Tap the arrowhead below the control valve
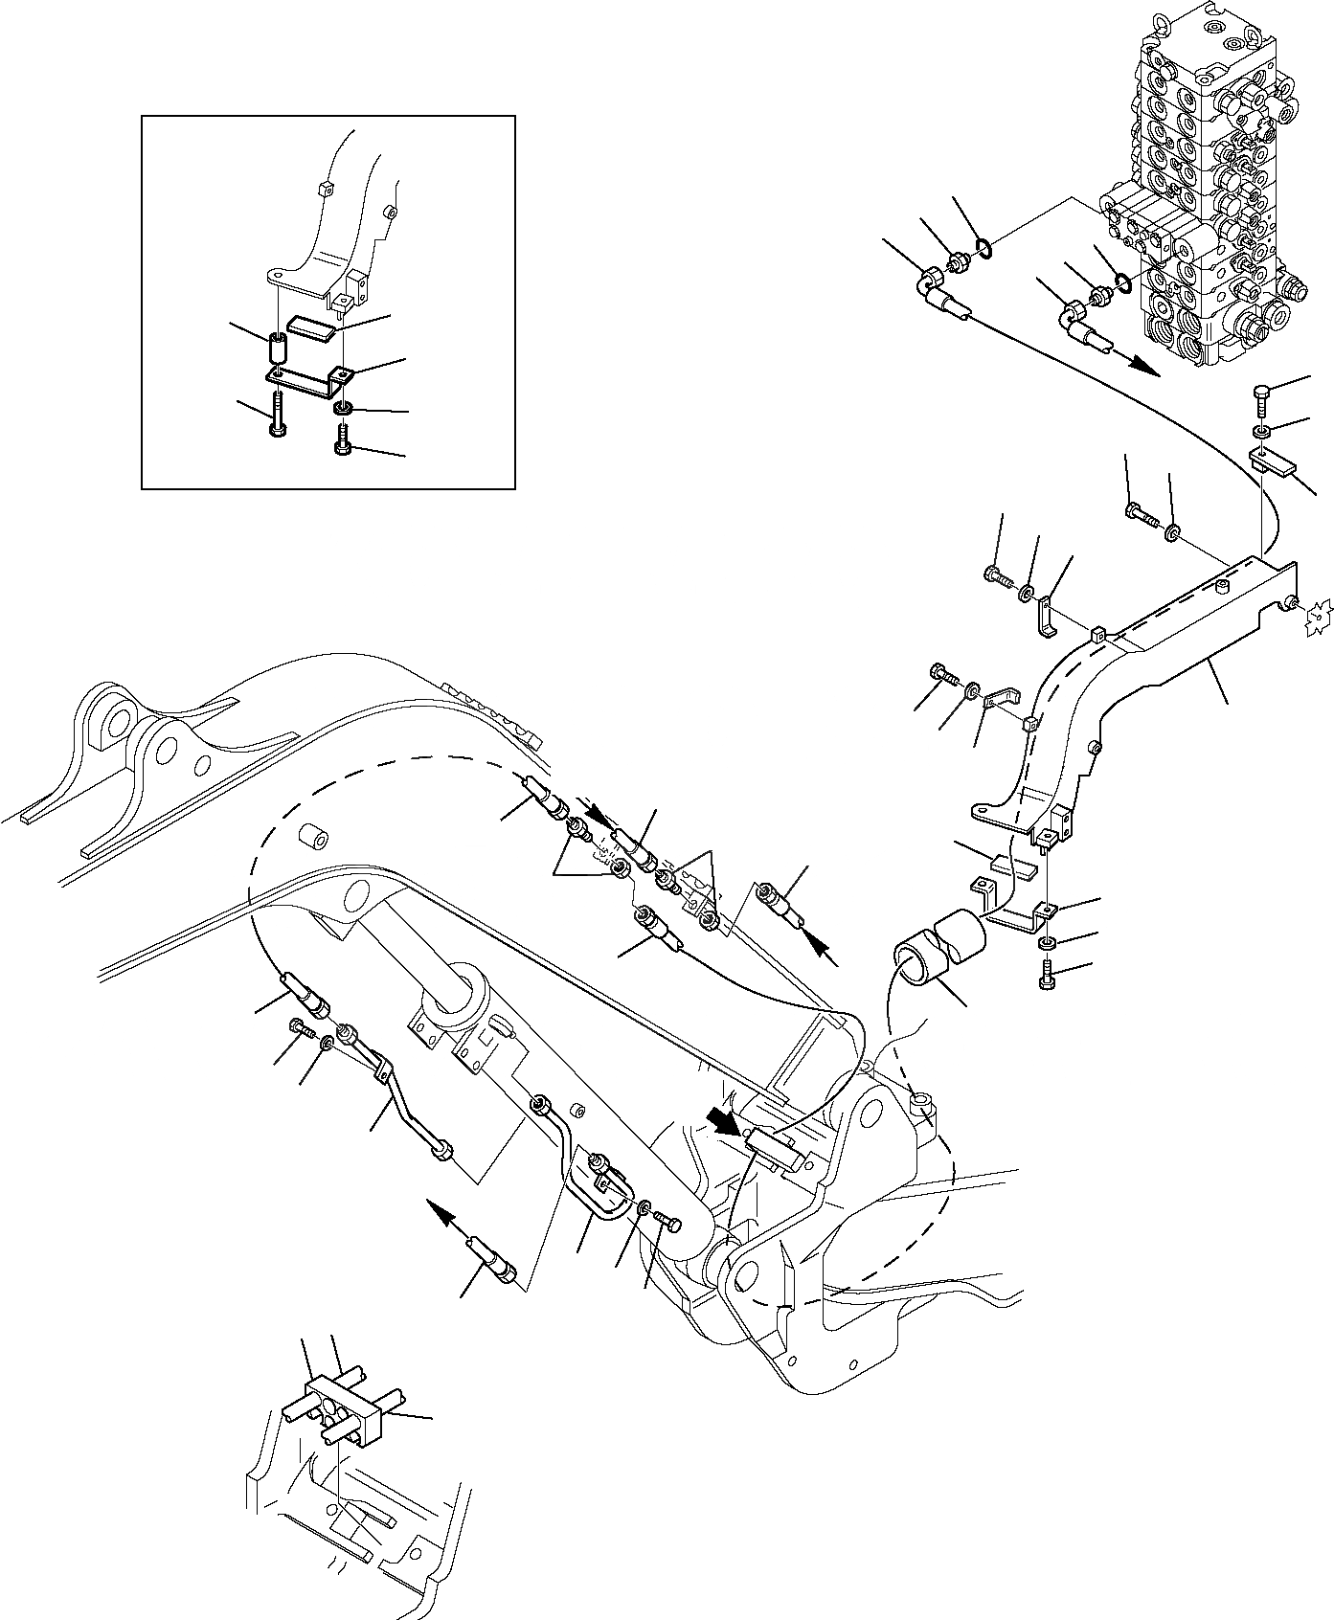coord(1143,368)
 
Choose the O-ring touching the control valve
coord(1122,283)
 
